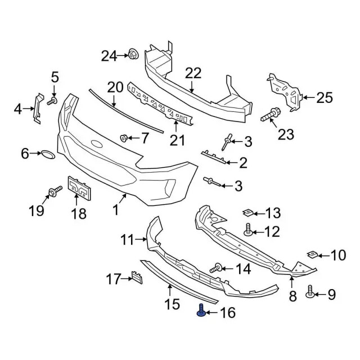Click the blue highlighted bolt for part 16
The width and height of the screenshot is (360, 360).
pyautogui.click(x=201, y=309)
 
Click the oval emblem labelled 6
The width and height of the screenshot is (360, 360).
pyautogui.click(x=46, y=153)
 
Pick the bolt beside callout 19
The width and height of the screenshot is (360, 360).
pyautogui.click(x=55, y=192)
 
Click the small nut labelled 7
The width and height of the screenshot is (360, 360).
pyautogui.click(x=124, y=137)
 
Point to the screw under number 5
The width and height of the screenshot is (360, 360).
pyautogui.click(x=52, y=101)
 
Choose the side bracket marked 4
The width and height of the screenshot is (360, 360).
pyautogui.click(x=37, y=107)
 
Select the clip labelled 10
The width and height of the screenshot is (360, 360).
pyautogui.click(x=313, y=255)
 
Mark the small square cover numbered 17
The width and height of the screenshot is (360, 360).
pyautogui.click(x=136, y=277)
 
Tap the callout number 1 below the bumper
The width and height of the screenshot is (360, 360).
pyautogui.click(x=115, y=210)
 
